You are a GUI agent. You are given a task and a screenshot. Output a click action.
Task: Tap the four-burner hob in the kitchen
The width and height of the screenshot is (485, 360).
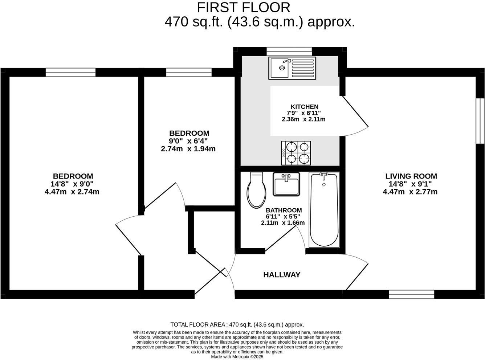pyautogui.click(x=296, y=153)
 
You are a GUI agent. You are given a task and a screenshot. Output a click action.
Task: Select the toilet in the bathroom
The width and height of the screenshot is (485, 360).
pyautogui.click(x=256, y=191)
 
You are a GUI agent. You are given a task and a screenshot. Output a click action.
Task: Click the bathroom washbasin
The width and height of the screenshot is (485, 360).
pyautogui.click(x=286, y=185)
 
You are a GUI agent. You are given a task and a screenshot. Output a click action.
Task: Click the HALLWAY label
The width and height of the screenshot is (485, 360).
pyautogui.click(x=282, y=275)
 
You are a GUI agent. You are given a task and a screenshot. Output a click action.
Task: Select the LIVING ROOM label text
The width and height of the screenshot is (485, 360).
pyautogui.click(x=411, y=176)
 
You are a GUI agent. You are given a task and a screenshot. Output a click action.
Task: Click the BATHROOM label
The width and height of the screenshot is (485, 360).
pyautogui.click(x=284, y=210)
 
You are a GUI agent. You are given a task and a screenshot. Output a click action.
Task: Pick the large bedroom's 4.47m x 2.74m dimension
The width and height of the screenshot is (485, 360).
pyautogui.click(x=72, y=192)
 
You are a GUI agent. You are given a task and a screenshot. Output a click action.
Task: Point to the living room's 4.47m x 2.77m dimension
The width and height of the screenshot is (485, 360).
pyautogui.click(x=410, y=192)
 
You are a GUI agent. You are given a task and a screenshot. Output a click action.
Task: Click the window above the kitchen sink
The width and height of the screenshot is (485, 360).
pyautogui.click(x=289, y=51)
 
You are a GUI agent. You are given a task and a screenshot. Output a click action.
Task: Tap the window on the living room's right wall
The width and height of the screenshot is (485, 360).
pyautogui.click(x=480, y=121)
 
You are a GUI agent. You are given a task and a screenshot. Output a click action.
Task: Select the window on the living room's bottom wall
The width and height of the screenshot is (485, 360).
pyautogui.click(x=411, y=294)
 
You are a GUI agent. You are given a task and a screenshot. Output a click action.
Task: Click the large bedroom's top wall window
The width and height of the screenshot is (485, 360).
pyautogui.click(x=70, y=72)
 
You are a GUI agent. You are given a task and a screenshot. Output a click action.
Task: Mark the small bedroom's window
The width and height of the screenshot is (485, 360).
pyautogui.click(x=189, y=72)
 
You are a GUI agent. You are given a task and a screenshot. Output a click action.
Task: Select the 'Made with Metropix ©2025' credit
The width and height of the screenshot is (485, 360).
pyautogui.click(x=237, y=357)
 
